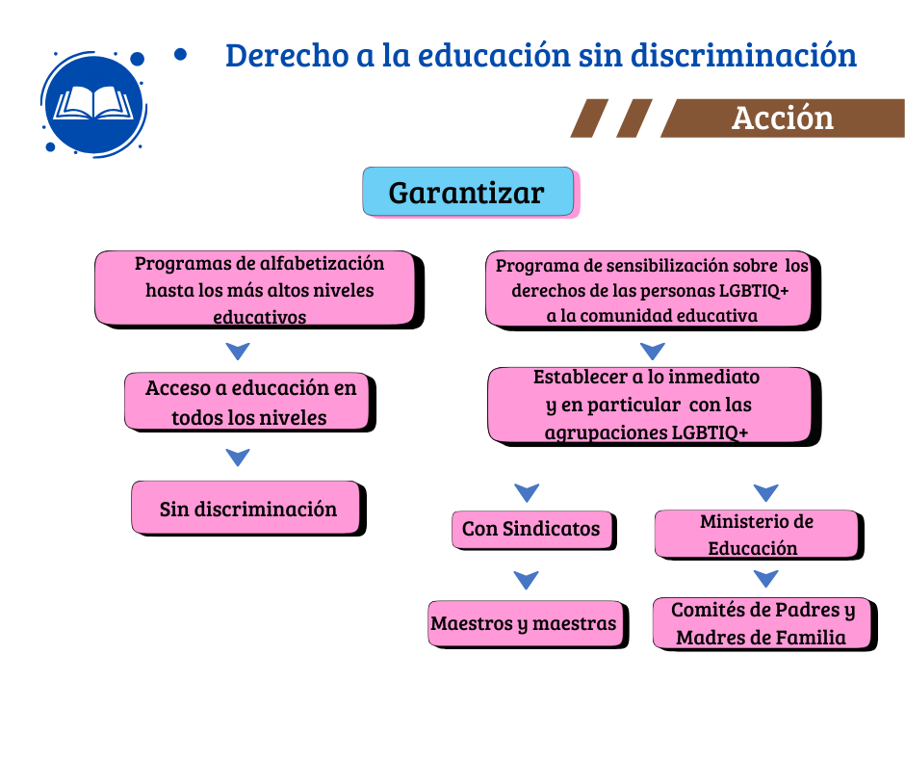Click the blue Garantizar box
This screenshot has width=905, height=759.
tap(468, 191)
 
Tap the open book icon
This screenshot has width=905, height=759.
tap(93, 104)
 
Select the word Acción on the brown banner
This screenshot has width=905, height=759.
tap(783, 118)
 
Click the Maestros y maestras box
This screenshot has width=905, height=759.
tap(526, 623)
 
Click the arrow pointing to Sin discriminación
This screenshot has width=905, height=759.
tap(238, 457)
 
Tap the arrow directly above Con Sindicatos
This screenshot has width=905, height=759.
tap(527, 492)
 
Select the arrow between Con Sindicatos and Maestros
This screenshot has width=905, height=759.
tap(526, 579)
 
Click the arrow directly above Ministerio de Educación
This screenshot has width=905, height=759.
tap(766, 492)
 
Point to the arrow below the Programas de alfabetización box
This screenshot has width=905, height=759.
tap(238, 351)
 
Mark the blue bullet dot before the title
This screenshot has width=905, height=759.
tap(180, 54)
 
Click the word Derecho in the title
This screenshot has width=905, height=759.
tap(288, 56)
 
